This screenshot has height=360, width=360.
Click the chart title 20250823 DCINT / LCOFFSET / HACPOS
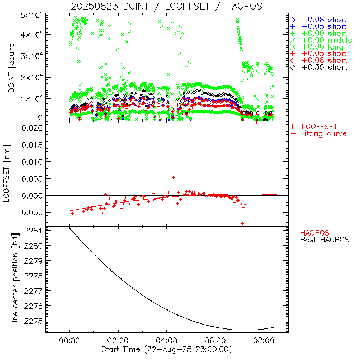[x=166, y=6]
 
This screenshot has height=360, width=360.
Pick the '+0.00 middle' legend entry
[x=325, y=40]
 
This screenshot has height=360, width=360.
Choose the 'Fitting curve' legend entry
[x=323, y=134]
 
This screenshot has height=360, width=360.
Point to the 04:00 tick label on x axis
[x=166, y=341]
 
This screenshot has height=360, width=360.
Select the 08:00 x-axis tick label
[x=263, y=341]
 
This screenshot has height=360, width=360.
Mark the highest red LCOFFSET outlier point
[x=169, y=150]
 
